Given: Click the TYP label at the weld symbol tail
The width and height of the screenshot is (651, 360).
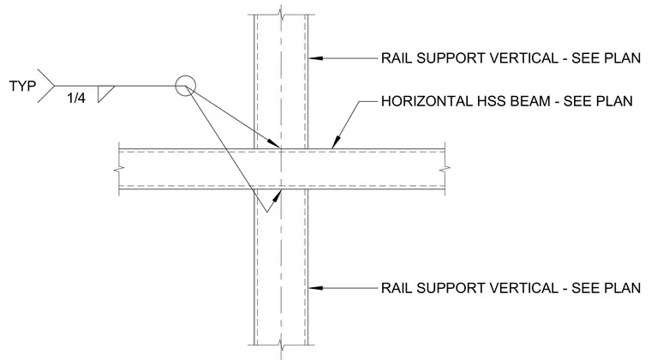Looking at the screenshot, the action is coord(22,86).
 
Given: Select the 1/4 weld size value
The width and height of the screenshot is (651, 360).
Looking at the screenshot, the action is coord(76,98).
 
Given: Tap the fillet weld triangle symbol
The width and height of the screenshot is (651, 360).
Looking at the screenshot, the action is coord(105,93).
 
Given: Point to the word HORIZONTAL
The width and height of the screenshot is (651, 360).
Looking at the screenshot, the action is coord(422,101).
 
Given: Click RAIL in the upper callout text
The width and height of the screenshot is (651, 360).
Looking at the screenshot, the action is coord(397,58).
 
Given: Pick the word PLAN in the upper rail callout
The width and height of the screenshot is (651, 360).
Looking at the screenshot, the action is coord(623,58).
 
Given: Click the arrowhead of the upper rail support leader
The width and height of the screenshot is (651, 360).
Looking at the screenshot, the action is coord(315,58).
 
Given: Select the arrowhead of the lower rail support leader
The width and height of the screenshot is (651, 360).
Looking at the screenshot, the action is coord(315,288).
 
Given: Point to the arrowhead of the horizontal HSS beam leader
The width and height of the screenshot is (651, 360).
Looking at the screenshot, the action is coord(336,142).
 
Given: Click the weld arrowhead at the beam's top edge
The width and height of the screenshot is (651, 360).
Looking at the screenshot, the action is coord(274,143).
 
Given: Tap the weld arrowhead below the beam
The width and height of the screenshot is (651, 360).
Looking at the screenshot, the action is coord(276,195).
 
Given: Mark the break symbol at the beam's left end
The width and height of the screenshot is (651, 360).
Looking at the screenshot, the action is coord(119,170).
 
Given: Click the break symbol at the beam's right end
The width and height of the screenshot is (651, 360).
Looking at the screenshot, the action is coord(445,169).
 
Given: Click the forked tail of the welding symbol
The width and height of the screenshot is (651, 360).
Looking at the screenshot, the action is coord(46,86).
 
